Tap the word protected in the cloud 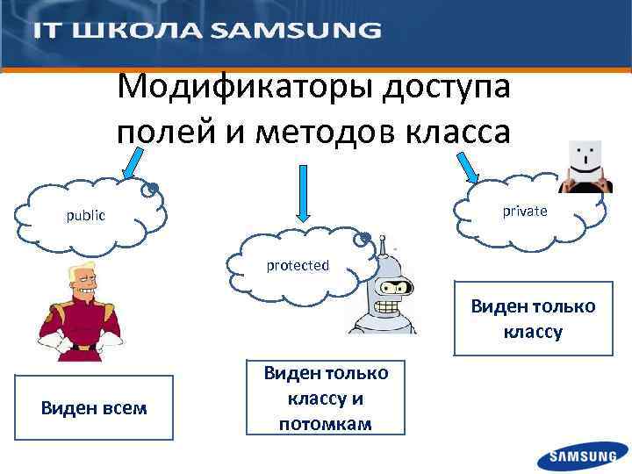click(x=298, y=265)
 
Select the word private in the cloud click(x=525, y=212)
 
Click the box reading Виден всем click(x=95, y=407)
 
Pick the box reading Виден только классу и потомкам click(x=326, y=399)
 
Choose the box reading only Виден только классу click(x=533, y=319)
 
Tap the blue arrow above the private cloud click(x=463, y=165)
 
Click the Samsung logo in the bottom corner click(x=583, y=456)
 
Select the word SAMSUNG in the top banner click(x=298, y=31)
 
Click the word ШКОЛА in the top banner click(x=135, y=31)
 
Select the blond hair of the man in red click(x=83, y=273)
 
